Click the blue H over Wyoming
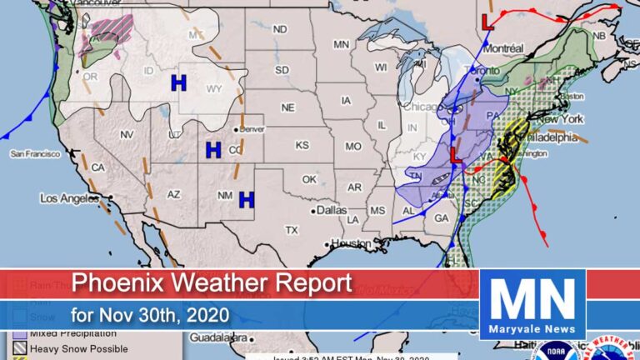[x=177, y=82]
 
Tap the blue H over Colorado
[x=213, y=150]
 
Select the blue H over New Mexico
[x=246, y=199]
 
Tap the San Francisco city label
[x=34, y=153]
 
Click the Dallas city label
[x=331, y=211]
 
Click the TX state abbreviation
[x=291, y=229]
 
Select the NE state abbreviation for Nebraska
[x=287, y=108]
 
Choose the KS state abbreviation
[x=302, y=145]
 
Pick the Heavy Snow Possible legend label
[x=78, y=347]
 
